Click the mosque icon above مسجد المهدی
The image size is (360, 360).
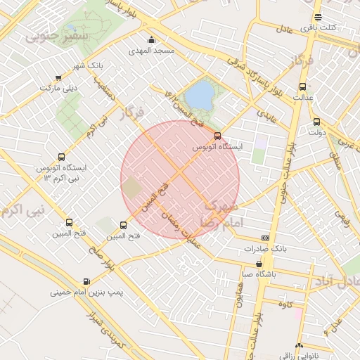[x=151, y=39]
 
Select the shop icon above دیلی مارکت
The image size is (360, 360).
[x=58, y=77]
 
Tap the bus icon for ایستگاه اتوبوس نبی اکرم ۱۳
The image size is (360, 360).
[x=62, y=157]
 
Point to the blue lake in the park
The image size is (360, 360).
[x=200, y=94]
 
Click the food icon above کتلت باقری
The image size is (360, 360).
[x=319, y=18]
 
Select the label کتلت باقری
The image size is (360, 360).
[x=319, y=28]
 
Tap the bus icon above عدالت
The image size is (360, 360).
[x=303, y=87]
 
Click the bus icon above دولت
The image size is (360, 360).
[x=316, y=121]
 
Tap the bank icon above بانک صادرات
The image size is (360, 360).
[x=265, y=238]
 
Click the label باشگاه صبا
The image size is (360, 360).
[x=259, y=274]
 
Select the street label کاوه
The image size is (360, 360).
[x=285, y=304]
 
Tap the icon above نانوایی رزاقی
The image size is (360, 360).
[x=299, y=347]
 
